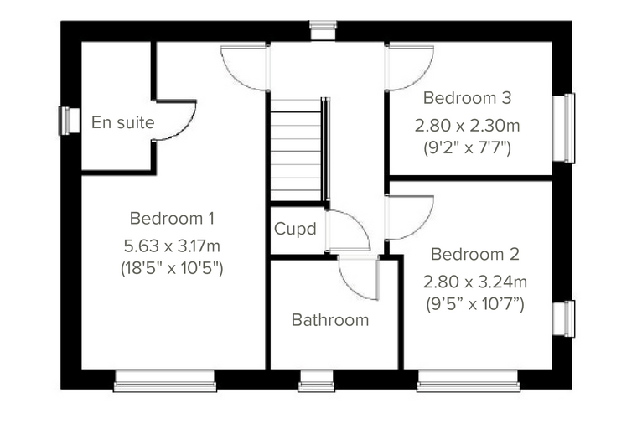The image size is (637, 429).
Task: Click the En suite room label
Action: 122,122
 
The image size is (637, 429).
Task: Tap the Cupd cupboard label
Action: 295,229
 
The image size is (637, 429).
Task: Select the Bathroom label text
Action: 330,320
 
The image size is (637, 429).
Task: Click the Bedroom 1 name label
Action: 172,219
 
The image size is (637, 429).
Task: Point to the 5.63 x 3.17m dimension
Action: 172,246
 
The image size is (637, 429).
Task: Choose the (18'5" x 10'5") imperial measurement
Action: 172,268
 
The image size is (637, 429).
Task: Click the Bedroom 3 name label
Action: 467,98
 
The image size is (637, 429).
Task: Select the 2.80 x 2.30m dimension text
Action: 467,126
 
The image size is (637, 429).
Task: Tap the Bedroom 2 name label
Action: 475,255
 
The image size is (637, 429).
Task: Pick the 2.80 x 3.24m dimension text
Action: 475,282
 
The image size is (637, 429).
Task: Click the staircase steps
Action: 296,149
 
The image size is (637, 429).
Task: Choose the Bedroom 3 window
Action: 564,128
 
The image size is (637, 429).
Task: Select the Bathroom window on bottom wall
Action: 317,381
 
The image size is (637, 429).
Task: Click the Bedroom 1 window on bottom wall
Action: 165,381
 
